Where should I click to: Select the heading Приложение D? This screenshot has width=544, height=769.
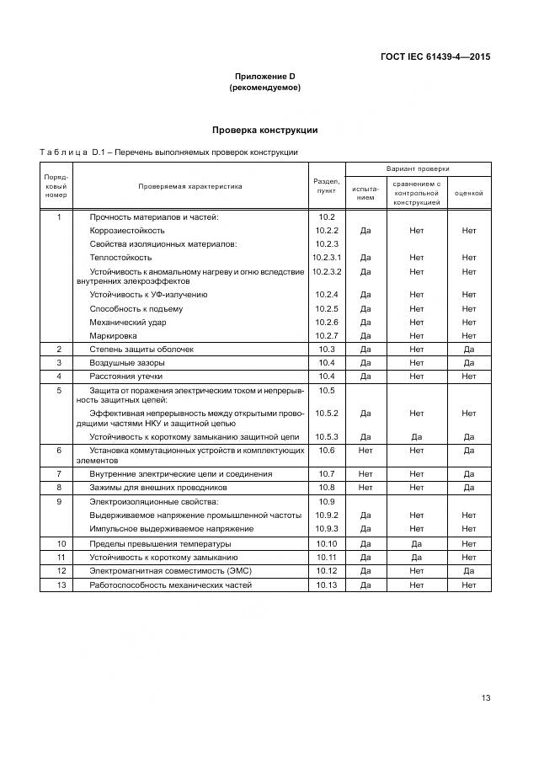(x=264, y=77)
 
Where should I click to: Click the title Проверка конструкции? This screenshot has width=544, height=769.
(x=264, y=131)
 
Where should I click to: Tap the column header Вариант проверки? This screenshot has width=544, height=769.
(x=418, y=168)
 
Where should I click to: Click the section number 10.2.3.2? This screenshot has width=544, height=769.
(x=327, y=271)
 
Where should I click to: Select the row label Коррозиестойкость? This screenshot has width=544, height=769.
(x=127, y=230)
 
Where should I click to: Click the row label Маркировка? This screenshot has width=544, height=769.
(x=113, y=335)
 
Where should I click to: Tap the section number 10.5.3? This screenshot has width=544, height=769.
(x=327, y=436)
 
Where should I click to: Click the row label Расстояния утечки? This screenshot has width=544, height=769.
(x=126, y=376)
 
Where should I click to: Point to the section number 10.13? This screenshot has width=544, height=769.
(x=327, y=585)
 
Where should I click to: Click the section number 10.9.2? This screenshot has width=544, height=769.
(x=327, y=515)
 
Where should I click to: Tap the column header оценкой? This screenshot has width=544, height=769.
(x=469, y=193)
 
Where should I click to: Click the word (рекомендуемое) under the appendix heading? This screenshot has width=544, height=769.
(x=264, y=88)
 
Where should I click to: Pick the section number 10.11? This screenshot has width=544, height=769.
(x=327, y=558)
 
